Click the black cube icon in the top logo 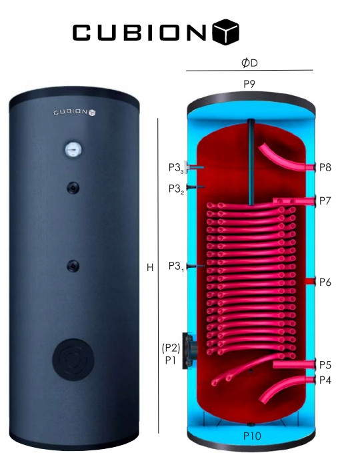click(226, 32)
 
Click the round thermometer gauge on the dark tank click(73, 149)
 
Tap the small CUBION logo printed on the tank click(75, 112)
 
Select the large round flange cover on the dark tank click(73, 359)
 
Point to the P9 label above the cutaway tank click(249, 84)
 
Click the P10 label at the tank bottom click(252, 436)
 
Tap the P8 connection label click(325, 167)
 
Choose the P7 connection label click(325, 201)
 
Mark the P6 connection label click(325, 282)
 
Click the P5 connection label click(325, 365)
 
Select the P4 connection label click(325, 380)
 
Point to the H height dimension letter click(150, 268)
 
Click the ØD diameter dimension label click(249, 63)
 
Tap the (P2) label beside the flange click(171, 348)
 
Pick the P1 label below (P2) click(171, 360)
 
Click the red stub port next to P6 click(310, 281)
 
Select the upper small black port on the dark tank click(73, 188)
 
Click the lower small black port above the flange click(73, 266)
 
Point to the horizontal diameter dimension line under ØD click(249, 71)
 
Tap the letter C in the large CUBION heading click(81, 33)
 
